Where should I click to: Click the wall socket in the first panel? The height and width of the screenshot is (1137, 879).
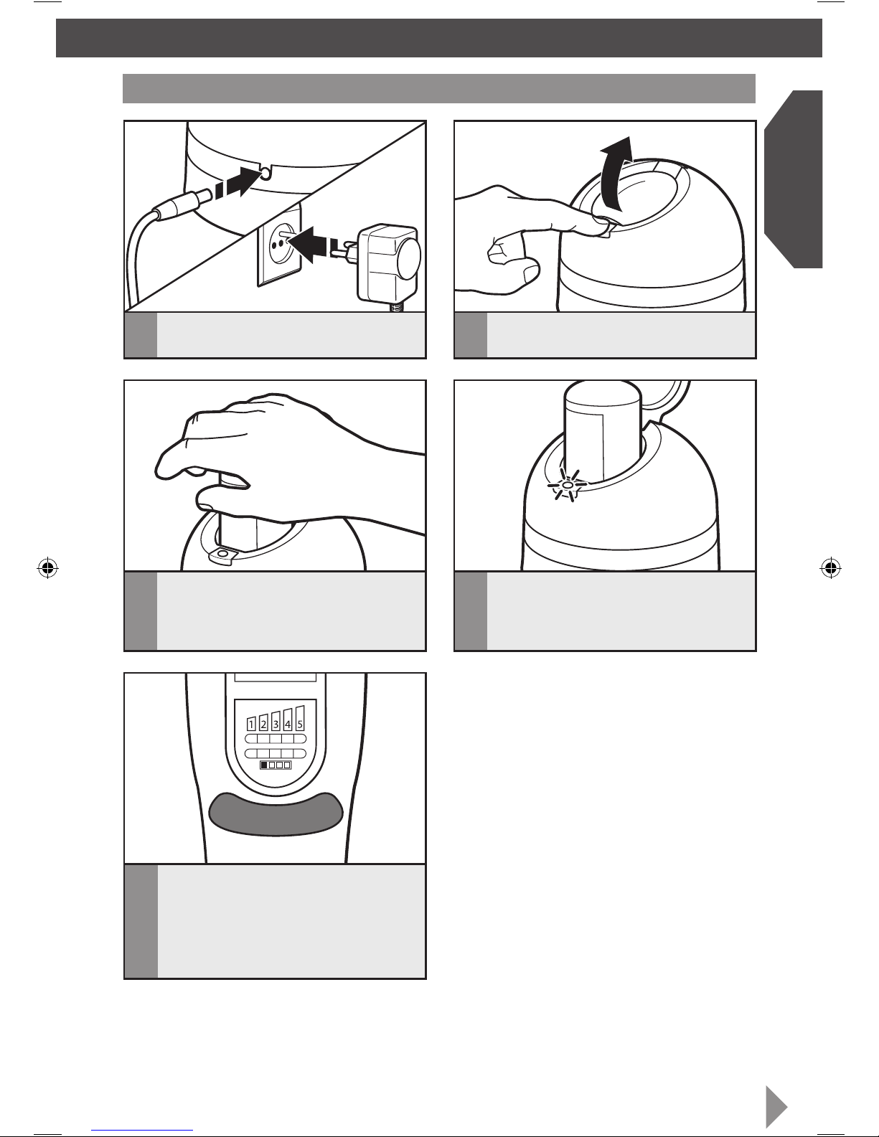[x=279, y=244]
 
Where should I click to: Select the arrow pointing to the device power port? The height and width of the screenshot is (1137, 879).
[x=238, y=181]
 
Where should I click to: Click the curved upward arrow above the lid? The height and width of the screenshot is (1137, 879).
[x=616, y=173]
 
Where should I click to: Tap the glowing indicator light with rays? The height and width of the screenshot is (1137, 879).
[x=567, y=485]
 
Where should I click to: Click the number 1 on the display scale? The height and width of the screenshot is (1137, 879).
[x=251, y=724]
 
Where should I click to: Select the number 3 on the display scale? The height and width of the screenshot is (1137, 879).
[x=276, y=724]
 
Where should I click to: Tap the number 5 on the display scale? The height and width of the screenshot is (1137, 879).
[x=300, y=724]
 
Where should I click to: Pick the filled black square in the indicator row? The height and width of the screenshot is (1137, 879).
[x=264, y=765]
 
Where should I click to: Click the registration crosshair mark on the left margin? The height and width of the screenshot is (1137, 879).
[x=47, y=567]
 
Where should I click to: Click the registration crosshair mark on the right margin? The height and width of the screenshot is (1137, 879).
[x=831, y=567]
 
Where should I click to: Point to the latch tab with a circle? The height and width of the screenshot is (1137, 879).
[x=223, y=555]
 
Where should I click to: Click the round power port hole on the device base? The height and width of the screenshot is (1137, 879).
[x=265, y=174]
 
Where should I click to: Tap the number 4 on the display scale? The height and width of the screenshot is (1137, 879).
[x=288, y=724]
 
